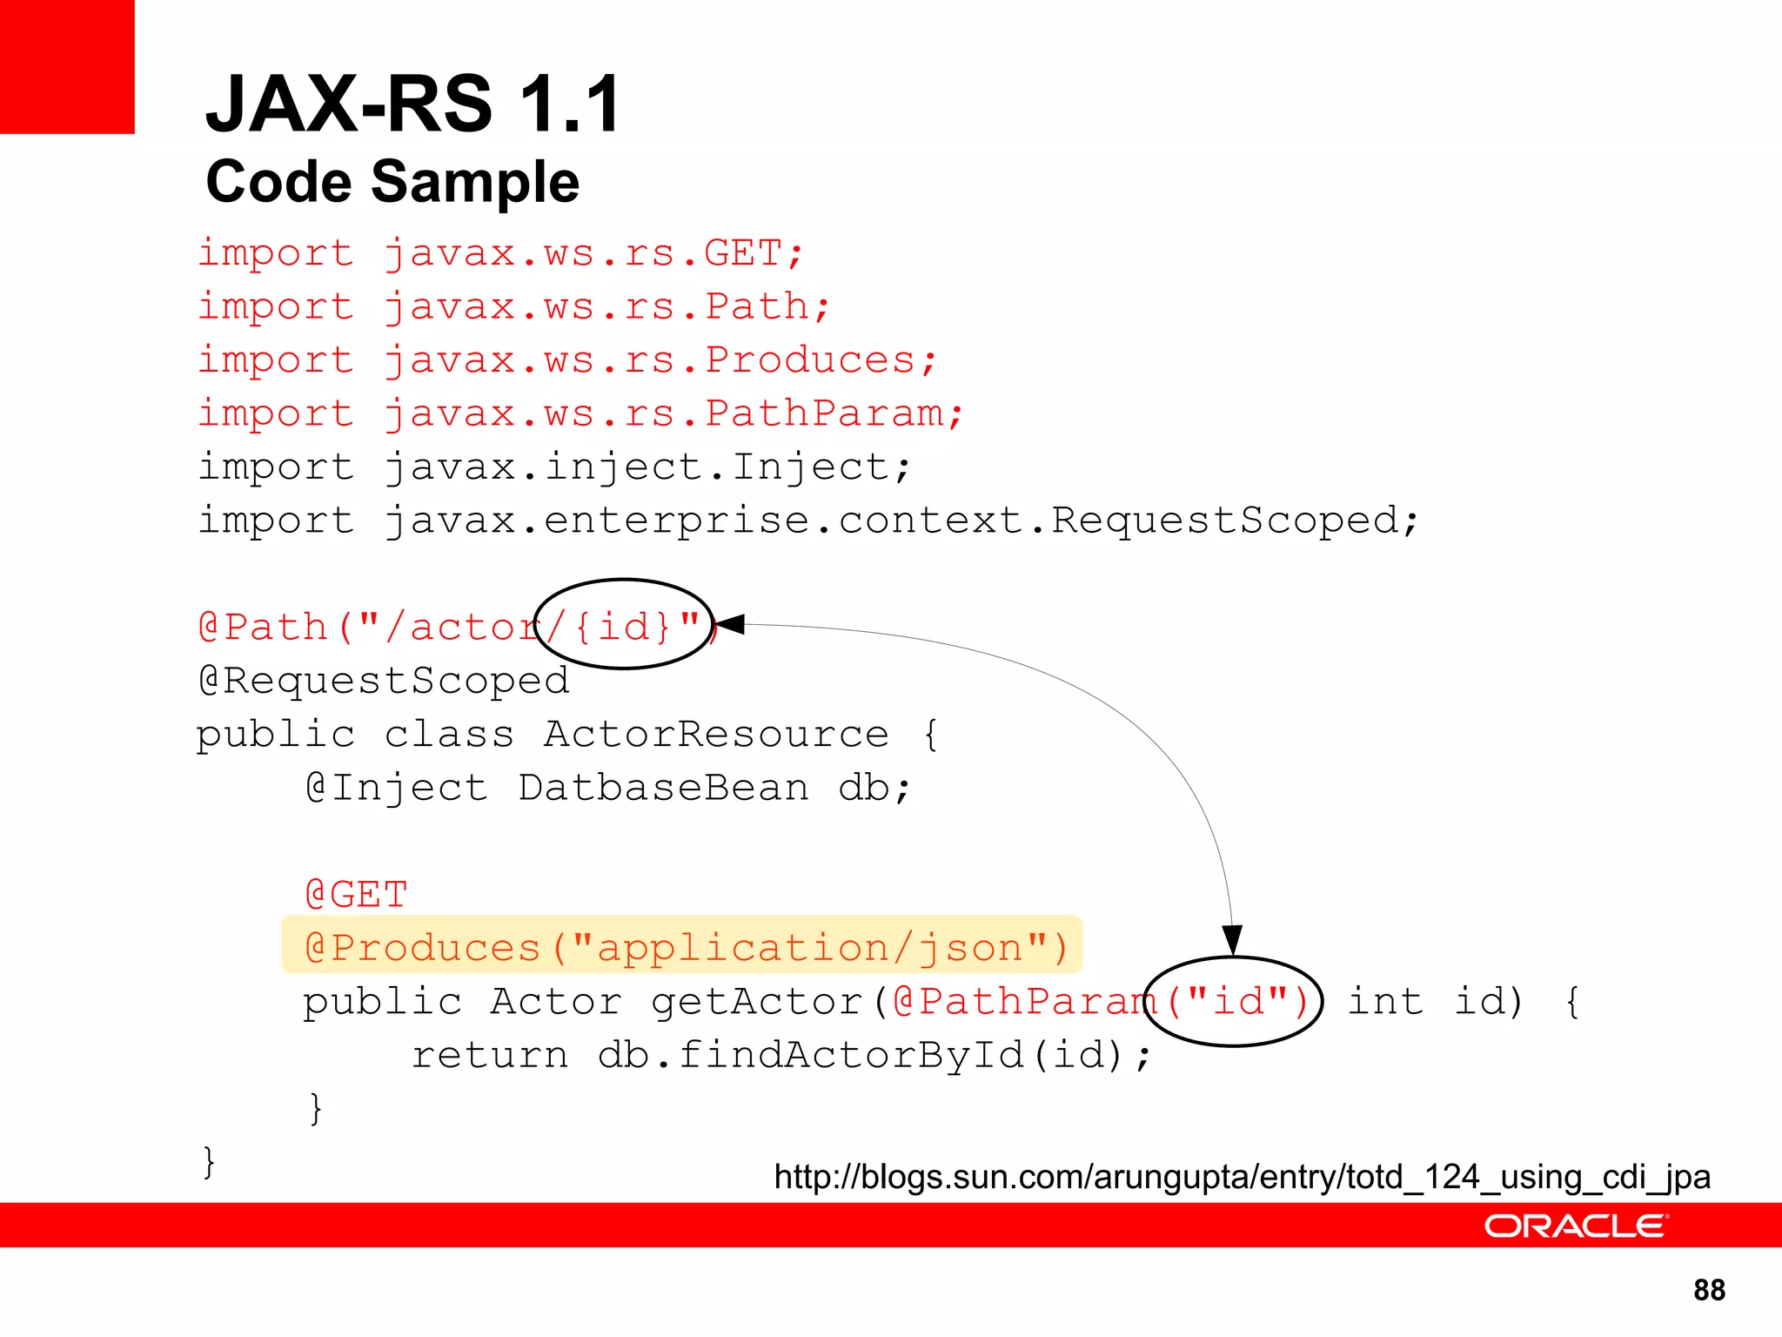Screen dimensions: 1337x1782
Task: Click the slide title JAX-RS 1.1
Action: tap(413, 104)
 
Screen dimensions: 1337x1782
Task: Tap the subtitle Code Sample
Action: tap(392, 182)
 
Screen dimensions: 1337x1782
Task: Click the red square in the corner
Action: tap(67, 66)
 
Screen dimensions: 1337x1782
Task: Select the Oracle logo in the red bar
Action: tap(1575, 1226)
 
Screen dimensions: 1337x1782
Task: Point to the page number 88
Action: tap(1709, 1290)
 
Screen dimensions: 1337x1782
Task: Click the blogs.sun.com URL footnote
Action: tap(1242, 1177)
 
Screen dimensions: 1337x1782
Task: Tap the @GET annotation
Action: tap(356, 895)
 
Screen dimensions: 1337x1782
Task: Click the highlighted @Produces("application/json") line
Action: tap(686, 947)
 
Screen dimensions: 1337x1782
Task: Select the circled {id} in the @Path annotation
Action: tap(624, 626)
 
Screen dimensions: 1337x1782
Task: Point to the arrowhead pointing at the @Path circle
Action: tap(729, 624)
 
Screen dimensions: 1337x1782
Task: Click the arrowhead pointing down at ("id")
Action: tap(1232, 940)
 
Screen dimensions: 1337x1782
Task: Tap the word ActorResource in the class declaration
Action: tap(716, 734)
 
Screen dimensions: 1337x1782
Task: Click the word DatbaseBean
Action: tap(663, 788)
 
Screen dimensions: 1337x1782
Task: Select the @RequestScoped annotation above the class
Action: tap(384, 680)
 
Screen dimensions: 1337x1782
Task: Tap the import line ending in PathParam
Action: tap(580, 413)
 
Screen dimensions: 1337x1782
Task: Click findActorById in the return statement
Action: tap(850, 1055)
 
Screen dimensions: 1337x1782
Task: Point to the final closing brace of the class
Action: tap(209, 1162)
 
